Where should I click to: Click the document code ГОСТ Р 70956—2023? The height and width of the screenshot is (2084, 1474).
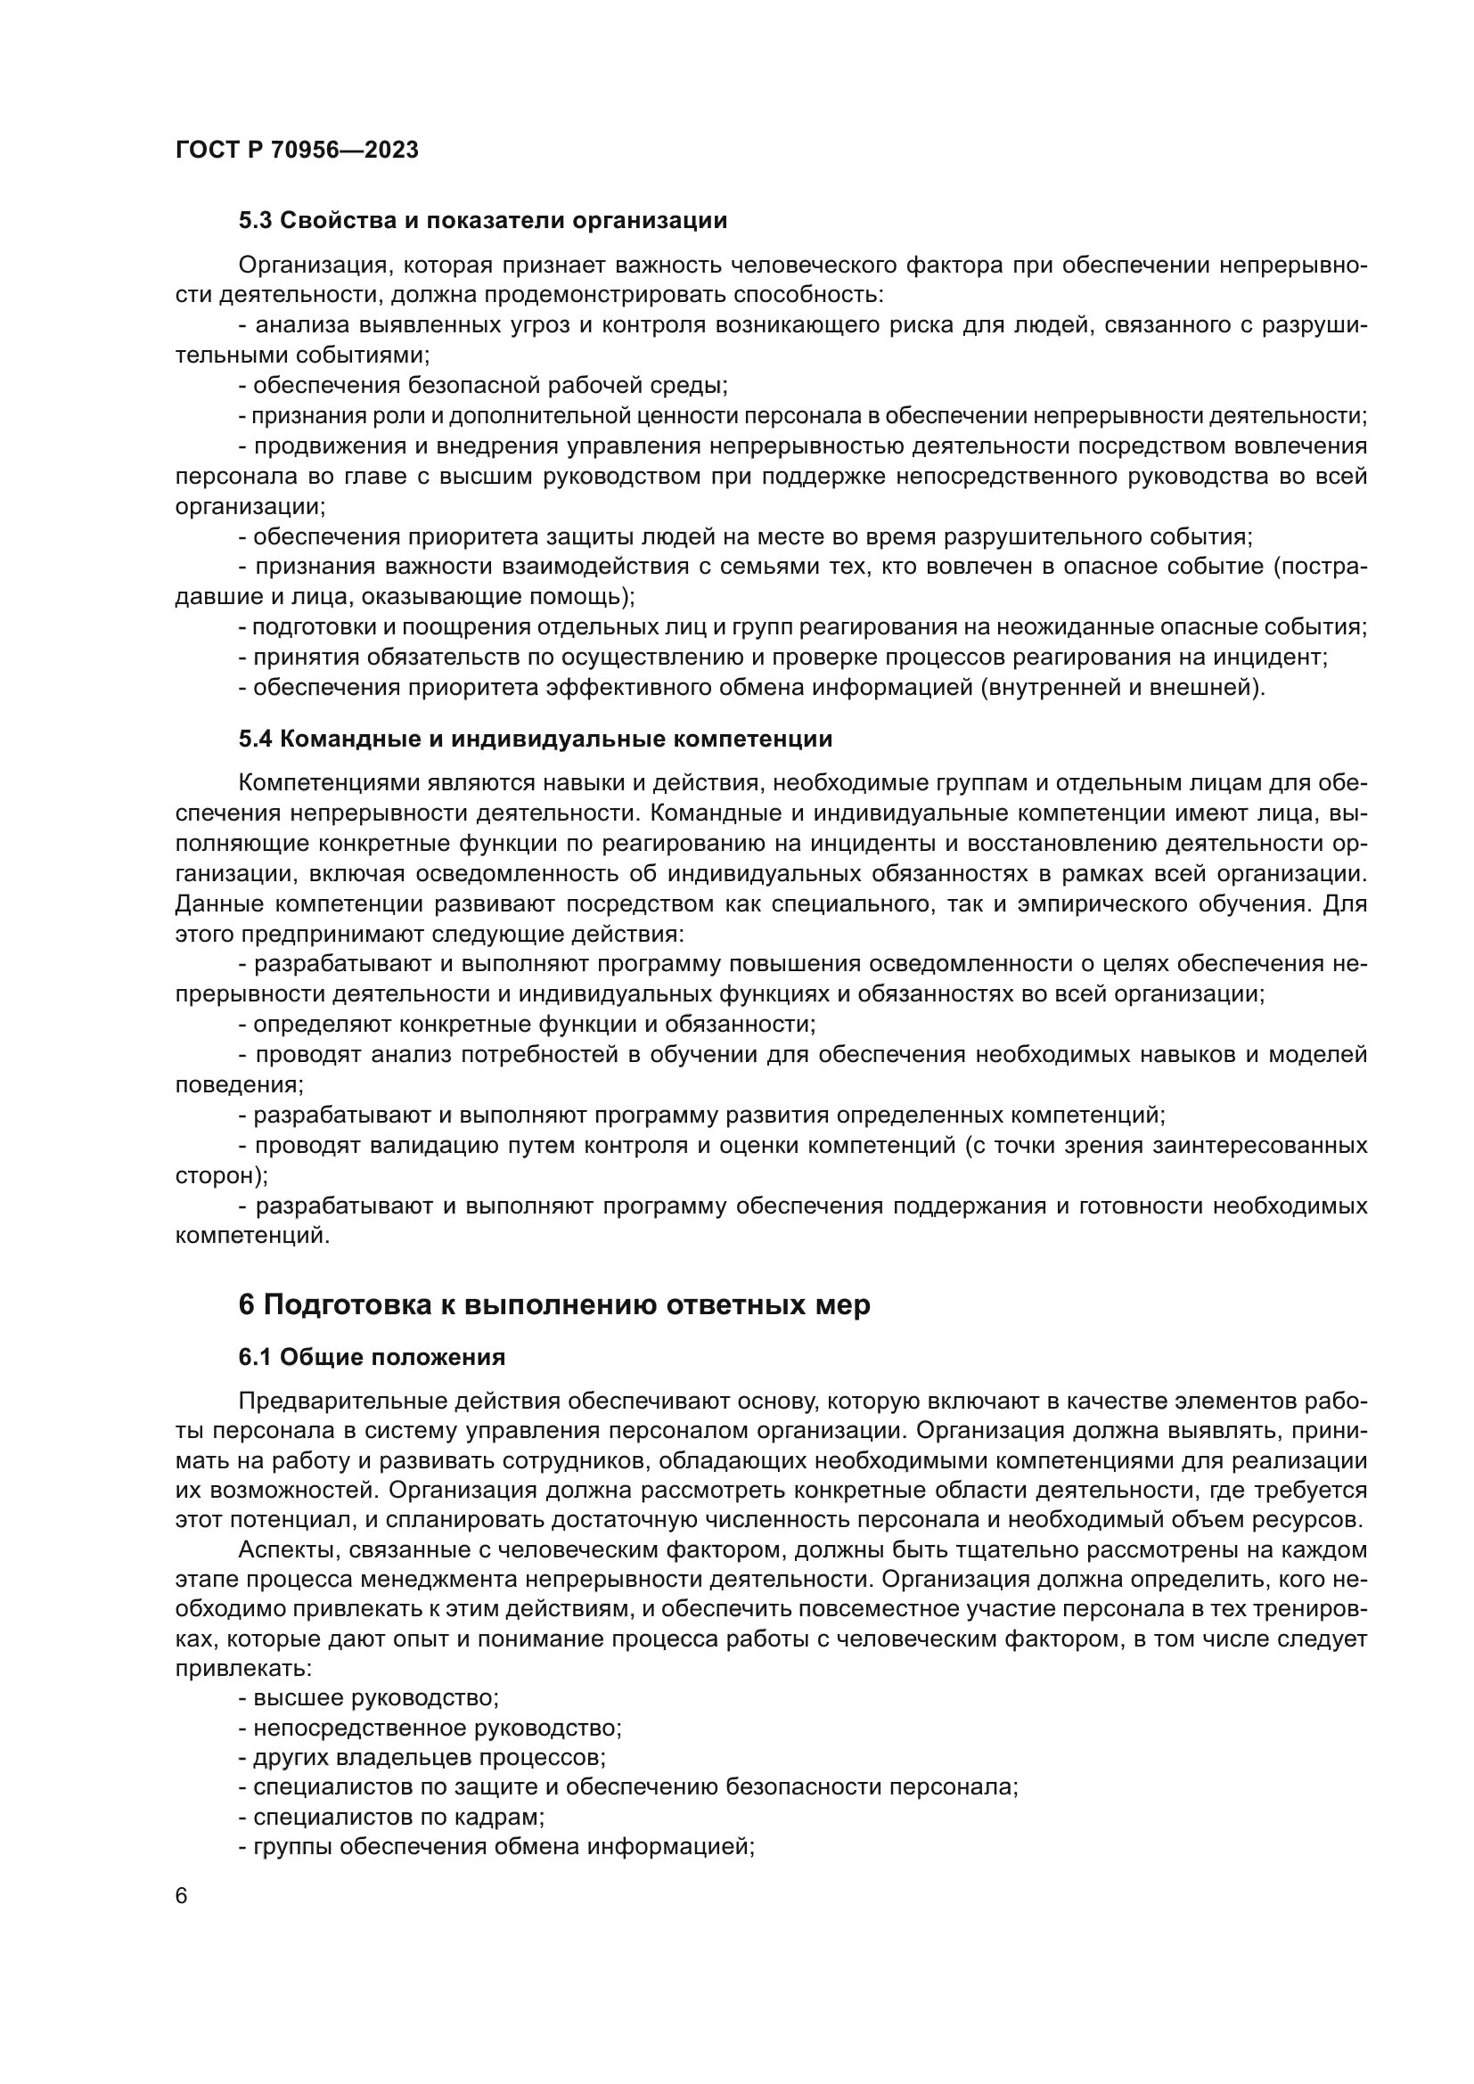click(297, 151)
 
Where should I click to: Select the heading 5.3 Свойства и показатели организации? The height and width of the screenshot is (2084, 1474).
click(483, 221)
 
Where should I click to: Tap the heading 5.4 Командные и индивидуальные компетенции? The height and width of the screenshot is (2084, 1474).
click(536, 739)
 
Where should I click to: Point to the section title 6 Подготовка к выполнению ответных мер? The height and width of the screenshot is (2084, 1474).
click(553, 1304)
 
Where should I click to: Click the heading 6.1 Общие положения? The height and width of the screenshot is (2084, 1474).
click(373, 1357)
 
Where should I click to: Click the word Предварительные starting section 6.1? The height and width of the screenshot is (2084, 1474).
click(323, 1402)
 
